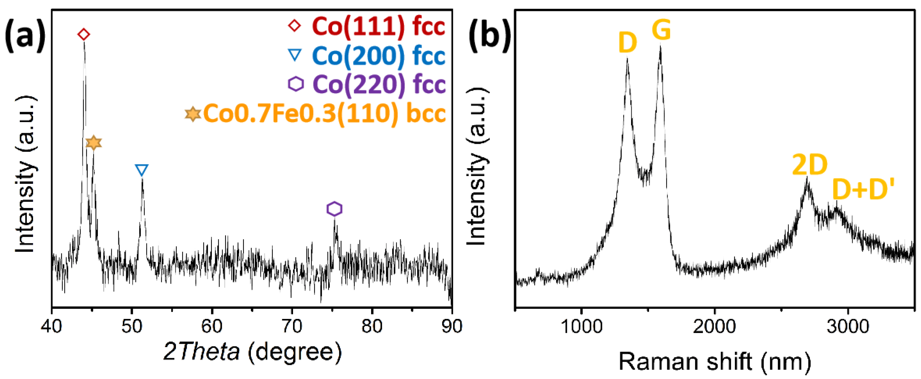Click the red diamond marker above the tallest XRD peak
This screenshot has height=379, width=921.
coord(84,35)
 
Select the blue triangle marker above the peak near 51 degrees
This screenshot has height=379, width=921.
coord(142,170)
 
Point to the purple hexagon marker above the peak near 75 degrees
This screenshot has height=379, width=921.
coord(334,209)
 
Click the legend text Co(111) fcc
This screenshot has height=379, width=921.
coord(378,26)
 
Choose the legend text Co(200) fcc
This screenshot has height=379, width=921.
coord(378,56)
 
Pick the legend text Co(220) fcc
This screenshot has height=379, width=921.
coord(379,84)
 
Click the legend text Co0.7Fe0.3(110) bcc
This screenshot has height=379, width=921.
coord(324,114)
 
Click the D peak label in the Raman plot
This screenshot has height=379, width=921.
coord(627,43)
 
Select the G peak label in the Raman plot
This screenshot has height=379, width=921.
coord(661,30)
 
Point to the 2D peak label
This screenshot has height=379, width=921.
coord(810,165)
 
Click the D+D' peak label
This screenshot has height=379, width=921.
coord(863,189)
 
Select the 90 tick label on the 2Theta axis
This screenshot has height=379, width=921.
coord(452,326)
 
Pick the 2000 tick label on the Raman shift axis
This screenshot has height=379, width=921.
coord(714,326)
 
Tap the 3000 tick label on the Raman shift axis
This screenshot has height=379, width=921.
coord(847,326)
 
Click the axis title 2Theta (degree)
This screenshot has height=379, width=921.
coord(252,352)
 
